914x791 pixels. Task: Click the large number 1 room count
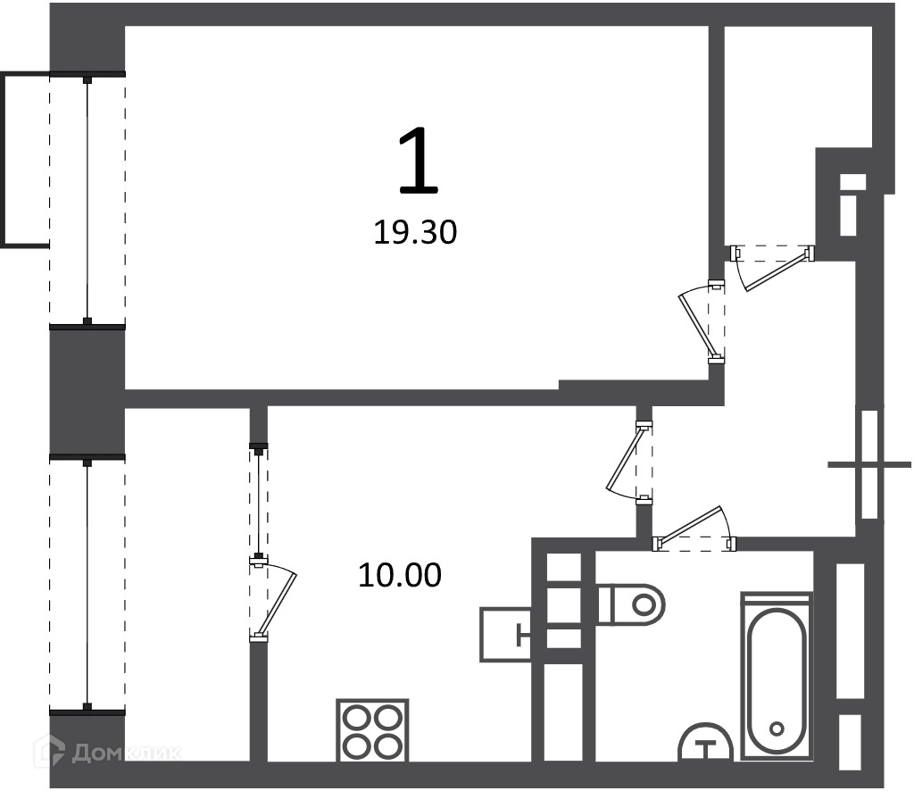[x=419, y=161]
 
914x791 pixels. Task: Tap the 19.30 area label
[x=415, y=233]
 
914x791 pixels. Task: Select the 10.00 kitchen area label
[x=400, y=575]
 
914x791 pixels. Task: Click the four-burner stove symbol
[x=372, y=730]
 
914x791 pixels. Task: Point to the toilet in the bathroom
[x=632, y=604]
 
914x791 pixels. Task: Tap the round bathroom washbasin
[x=706, y=743]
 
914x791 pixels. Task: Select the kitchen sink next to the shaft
[x=505, y=634]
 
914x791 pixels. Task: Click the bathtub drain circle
[x=777, y=729]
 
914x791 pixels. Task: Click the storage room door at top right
[x=776, y=270]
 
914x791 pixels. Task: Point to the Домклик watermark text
[x=126, y=753]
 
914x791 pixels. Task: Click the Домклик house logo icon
[x=50, y=751]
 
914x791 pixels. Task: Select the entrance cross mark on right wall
[x=869, y=464]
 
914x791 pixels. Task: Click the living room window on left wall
[x=87, y=198]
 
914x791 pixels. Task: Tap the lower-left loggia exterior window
[x=87, y=585]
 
